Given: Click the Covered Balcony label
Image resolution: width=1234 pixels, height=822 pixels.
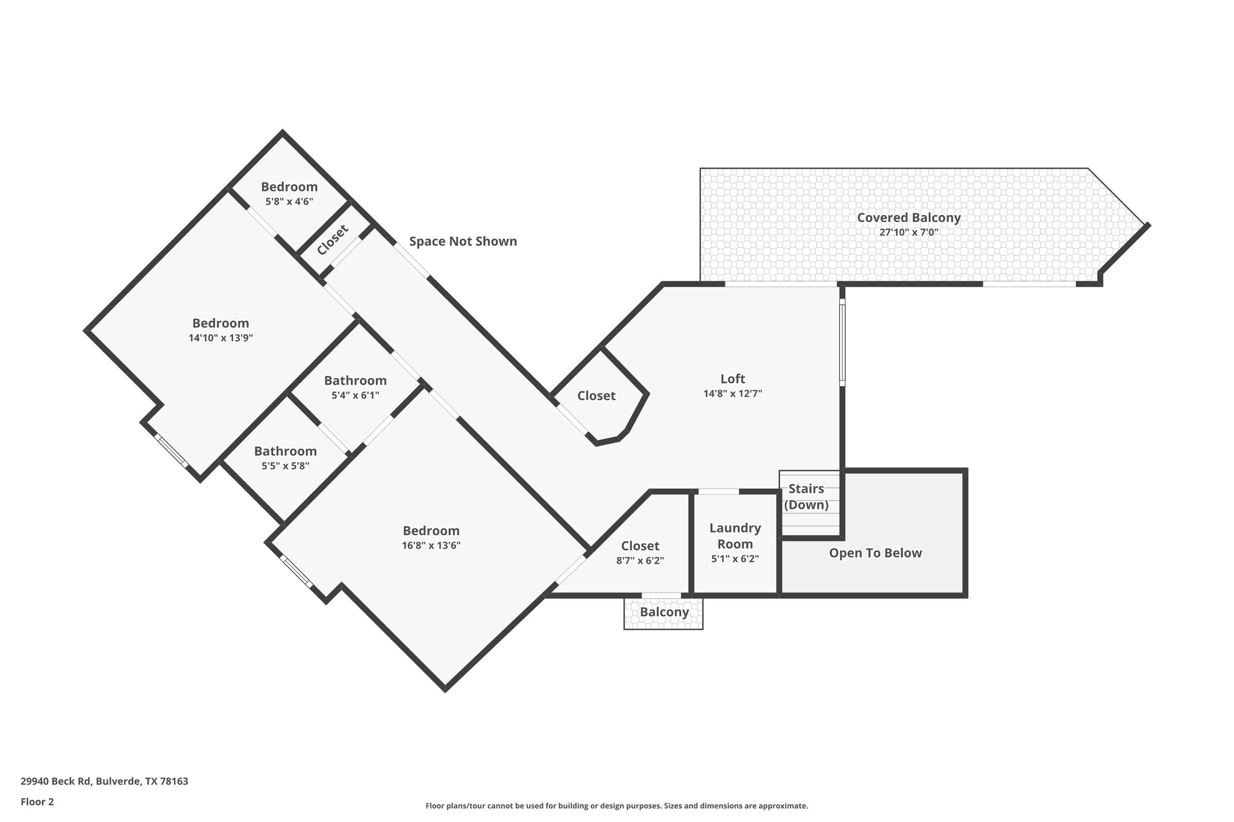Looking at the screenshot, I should point(909,217).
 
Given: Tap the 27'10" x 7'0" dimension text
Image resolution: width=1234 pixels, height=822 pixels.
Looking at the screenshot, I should point(909,232).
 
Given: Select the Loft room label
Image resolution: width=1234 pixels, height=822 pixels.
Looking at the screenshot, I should point(733,379).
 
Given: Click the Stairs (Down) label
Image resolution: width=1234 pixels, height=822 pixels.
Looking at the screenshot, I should point(806,497).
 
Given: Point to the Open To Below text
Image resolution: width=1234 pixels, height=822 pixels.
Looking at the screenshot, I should point(875,553).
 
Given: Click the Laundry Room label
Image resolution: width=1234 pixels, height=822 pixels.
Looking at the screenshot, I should point(735,536).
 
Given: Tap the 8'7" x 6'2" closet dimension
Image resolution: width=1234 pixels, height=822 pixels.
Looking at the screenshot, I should point(640,561).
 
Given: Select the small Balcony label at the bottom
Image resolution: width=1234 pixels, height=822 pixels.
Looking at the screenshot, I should point(664,612).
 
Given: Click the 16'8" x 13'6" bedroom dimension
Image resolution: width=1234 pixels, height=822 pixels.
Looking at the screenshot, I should point(431,546).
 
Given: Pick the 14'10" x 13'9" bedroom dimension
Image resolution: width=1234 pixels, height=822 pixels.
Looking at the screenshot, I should point(221,338).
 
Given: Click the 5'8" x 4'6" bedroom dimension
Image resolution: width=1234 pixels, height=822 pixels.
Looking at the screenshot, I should point(289,202).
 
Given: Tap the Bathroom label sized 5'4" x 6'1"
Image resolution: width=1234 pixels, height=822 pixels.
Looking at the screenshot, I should point(355,381).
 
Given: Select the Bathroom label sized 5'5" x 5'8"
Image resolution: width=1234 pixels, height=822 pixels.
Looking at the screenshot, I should point(285,451).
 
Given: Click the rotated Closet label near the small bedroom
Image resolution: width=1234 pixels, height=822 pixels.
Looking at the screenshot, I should point(333,240).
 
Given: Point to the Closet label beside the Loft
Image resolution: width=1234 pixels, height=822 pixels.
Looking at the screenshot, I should point(596,396).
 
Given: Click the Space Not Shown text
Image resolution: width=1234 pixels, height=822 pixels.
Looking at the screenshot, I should point(463,241).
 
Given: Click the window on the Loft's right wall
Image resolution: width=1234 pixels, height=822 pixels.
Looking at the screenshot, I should point(842,343).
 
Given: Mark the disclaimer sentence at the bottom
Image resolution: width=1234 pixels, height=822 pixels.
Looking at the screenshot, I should point(616,806).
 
